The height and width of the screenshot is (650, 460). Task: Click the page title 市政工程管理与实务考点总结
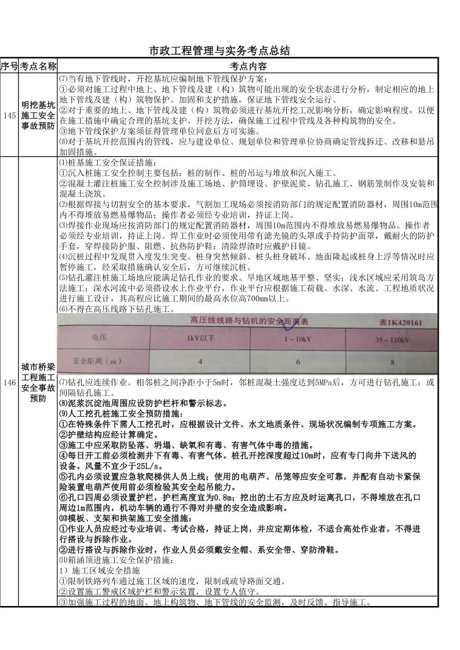(x=220, y=51)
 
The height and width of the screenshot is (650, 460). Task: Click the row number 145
(x=9, y=116)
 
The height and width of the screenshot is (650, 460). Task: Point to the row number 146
(x=9, y=383)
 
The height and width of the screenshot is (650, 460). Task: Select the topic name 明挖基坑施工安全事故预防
(x=38, y=116)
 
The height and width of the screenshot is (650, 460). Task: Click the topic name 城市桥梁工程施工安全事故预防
(x=38, y=383)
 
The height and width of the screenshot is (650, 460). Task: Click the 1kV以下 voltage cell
(x=200, y=338)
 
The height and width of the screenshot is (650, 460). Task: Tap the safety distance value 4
(x=200, y=362)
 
